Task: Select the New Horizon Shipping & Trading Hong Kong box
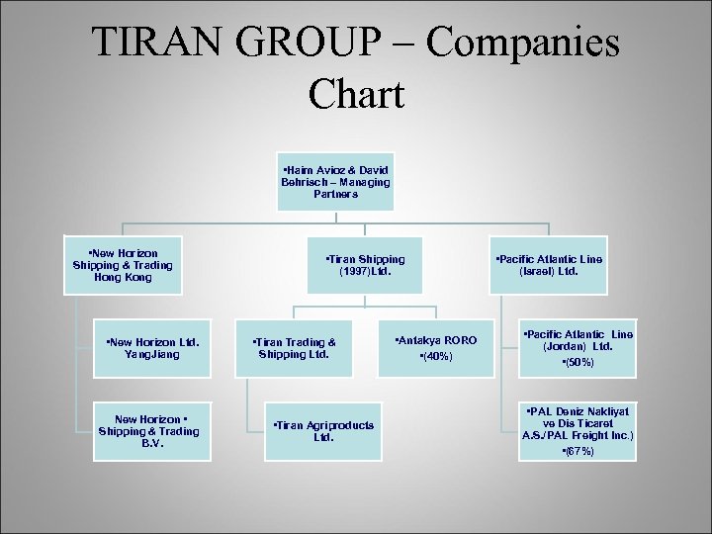pos(123,265)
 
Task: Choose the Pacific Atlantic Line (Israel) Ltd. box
pos(549,265)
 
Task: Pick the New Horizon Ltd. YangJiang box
pos(153,348)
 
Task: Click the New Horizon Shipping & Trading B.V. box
pos(153,431)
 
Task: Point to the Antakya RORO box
pos(436,348)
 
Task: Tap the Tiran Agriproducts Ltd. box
pos(323,431)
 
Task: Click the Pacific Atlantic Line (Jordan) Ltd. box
pos(578,348)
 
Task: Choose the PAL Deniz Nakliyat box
pos(578,431)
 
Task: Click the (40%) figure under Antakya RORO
pos(436,356)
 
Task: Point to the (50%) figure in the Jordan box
pos(578,363)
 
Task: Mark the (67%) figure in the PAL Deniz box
pos(578,451)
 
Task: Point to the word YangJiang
pos(153,354)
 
